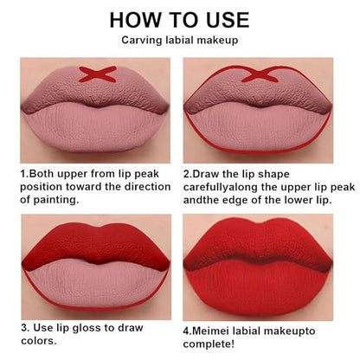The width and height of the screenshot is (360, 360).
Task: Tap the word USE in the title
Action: (228, 20)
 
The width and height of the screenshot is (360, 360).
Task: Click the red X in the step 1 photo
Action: (98, 74)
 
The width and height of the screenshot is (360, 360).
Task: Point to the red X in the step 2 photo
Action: (260, 74)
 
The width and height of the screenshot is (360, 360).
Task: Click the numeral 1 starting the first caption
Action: (22, 174)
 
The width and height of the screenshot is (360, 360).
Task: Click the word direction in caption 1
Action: (147, 187)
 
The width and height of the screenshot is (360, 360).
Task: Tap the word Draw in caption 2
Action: (206, 174)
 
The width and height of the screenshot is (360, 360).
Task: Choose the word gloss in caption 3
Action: (87, 328)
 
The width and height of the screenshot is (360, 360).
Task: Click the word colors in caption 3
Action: (38, 341)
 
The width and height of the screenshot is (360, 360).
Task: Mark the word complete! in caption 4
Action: (209, 344)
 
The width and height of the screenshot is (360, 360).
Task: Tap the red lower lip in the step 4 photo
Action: (258, 288)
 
